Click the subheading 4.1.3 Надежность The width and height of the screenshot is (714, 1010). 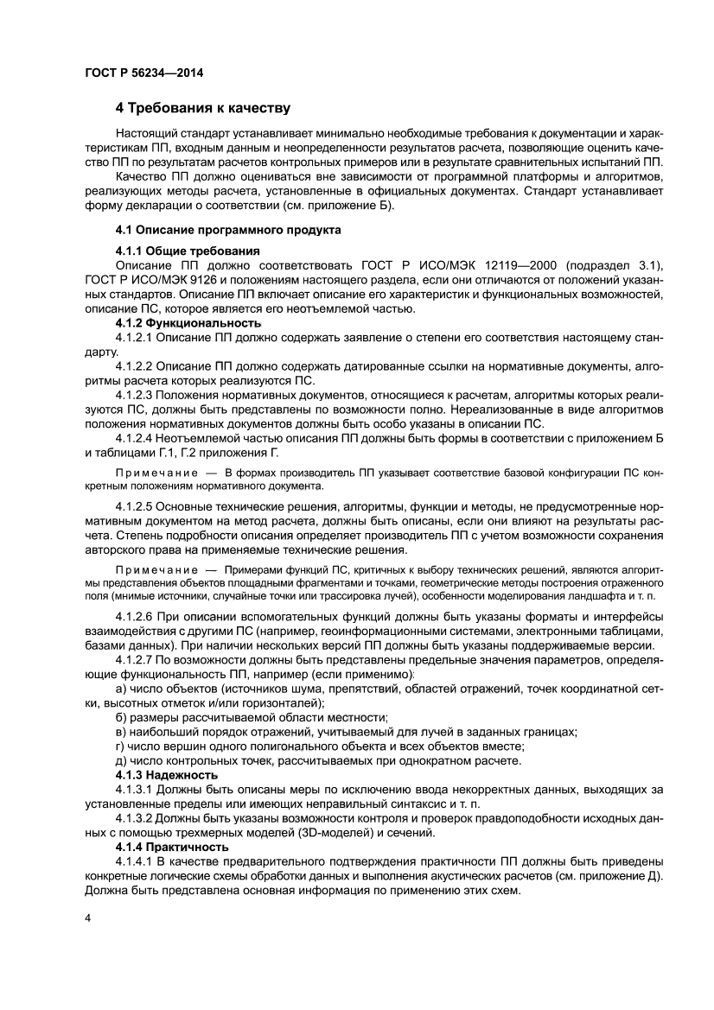(x=166, y=775)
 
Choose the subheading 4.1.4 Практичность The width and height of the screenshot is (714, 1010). (x=171, y=848)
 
